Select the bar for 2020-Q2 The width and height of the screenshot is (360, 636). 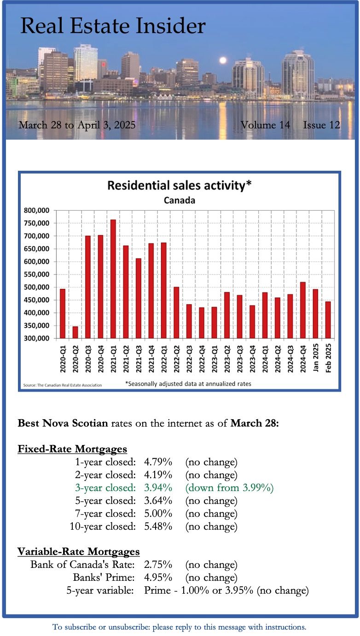tap(75, 332)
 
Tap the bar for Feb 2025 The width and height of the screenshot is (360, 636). tap(328, 320)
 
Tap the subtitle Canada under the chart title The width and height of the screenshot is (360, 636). tap(180, 200)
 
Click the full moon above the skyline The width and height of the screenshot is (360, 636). tap(223, 60)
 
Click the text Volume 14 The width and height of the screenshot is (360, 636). tap(265, 125)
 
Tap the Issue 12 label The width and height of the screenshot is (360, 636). tap(321, 125)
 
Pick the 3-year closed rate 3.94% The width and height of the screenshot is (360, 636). tap(158, 488)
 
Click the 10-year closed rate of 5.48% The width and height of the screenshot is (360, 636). tap(158, 526)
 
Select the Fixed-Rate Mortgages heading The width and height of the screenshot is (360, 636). tap(72, 449)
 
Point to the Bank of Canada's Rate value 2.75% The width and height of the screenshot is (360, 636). tap(158, 565)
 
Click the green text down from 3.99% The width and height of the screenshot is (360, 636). tap(229, 488)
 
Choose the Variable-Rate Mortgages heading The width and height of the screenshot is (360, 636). tap(79, 551)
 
